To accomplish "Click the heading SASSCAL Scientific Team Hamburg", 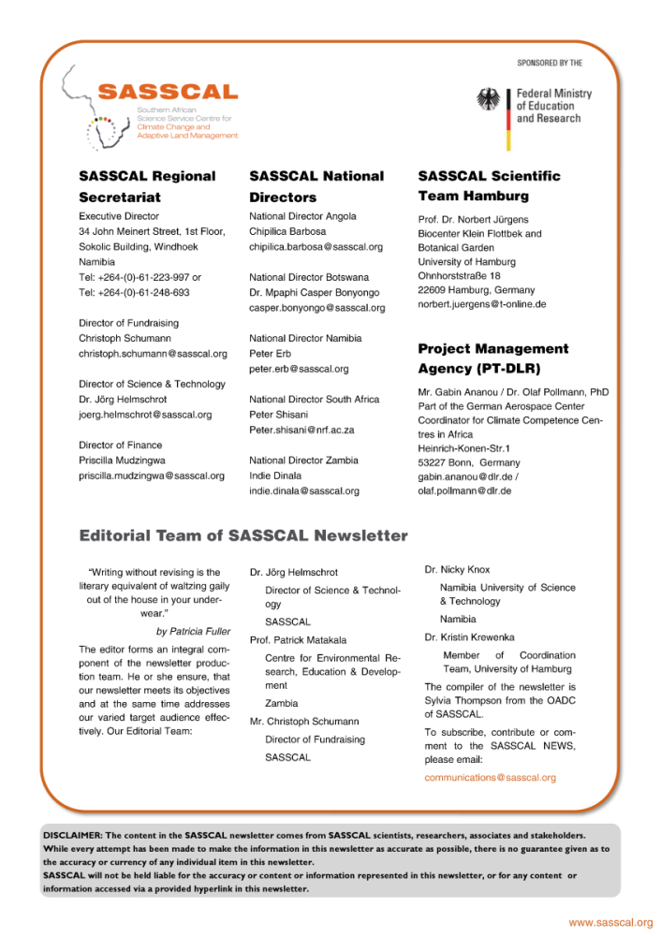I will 489,185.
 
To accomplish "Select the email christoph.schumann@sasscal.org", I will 153,354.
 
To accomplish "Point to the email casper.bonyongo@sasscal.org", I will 316,307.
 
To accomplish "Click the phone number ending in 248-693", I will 134,292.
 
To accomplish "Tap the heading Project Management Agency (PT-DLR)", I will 492,358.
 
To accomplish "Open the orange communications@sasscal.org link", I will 490,778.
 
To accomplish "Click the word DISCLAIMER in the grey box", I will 73,834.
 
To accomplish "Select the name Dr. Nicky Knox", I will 457,569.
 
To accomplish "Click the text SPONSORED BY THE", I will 550,64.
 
